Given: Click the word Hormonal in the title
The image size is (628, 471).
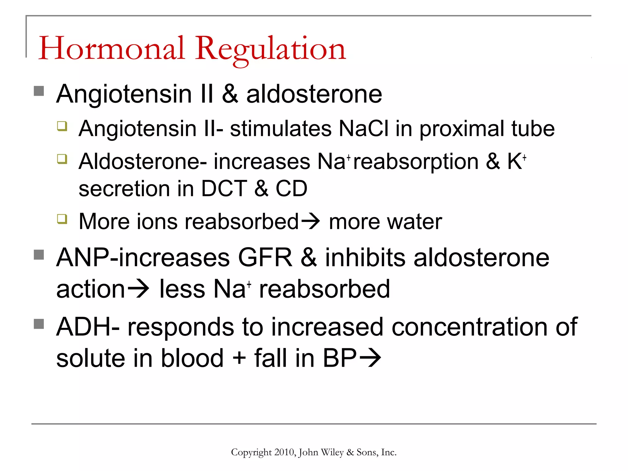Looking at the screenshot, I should (x=112, y=48).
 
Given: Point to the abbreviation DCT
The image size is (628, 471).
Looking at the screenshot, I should (x=224, y=188).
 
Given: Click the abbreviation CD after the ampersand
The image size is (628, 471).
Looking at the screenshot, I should (x=291, y=188).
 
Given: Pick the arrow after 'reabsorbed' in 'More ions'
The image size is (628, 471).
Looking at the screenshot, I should (x=310, y=221).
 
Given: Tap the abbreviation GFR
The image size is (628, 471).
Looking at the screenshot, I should (x=265, y=258).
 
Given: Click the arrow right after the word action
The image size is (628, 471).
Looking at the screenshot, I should (x=138, y=289).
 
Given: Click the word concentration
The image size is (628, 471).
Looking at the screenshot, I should (x=469, y=327).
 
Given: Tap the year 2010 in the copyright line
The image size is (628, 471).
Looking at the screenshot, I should (x=284, y=452).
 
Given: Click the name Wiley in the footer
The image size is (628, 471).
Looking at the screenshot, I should (x=332, y=453).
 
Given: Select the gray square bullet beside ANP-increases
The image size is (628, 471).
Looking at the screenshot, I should (x=39, y=255).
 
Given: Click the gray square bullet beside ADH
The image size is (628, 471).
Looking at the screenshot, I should (x=39, y=324).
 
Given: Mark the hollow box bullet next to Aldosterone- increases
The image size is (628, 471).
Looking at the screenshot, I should (x=62, y=159).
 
